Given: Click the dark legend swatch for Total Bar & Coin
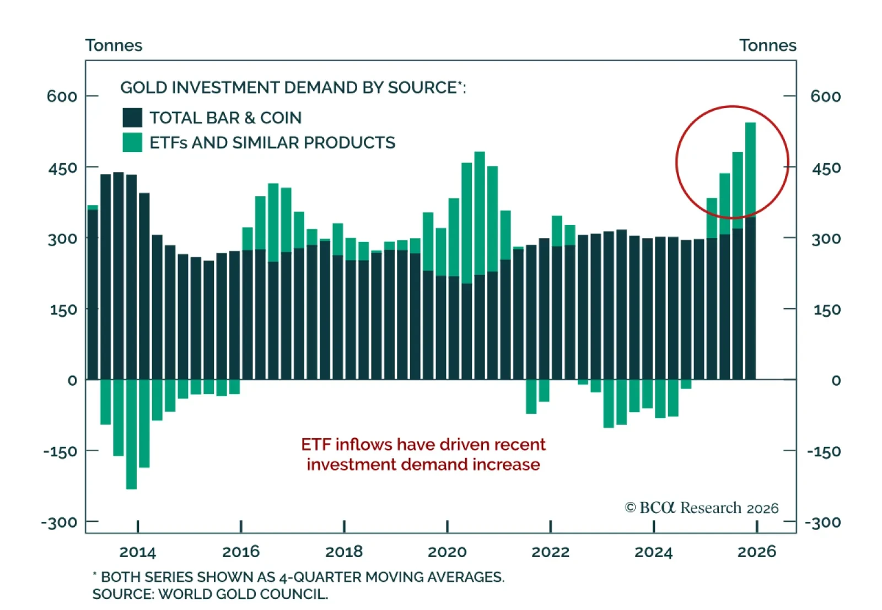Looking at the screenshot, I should (132, 117).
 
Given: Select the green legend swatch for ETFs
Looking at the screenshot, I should (132, 142).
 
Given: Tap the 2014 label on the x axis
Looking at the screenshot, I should (137, 552).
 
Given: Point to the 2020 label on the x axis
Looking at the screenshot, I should (447, 552).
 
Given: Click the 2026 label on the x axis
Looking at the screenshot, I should (756, 552).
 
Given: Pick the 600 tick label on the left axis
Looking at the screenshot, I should (62, 96).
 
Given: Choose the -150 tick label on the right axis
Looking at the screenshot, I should (824, 452).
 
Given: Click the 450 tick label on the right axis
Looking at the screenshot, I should (826, 168).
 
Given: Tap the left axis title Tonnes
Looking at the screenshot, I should (114, 45).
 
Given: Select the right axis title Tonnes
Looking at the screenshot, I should (767, 45).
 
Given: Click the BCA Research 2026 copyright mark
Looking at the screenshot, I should (701, 508).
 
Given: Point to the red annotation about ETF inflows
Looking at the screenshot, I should (423, 455).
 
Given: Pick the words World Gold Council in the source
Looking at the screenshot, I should (243, 595).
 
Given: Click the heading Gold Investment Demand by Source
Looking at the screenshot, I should (293, 88).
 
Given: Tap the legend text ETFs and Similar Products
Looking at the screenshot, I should (272, 143).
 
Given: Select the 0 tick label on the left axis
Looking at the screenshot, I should (72, 381).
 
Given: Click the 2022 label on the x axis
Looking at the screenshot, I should (550, 552).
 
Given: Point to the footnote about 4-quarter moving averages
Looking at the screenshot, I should (298, 577).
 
